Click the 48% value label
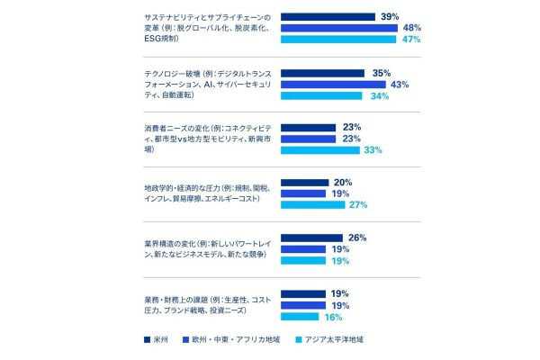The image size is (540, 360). [x=412, y=28]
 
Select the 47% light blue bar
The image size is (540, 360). [x=338, y=40]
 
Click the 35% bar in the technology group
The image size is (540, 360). [x=322, y=73]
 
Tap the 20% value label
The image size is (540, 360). [x=343, y=182]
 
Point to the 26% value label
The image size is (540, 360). [x=356, y=238]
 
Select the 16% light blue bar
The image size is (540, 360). [x=300, y=316]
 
